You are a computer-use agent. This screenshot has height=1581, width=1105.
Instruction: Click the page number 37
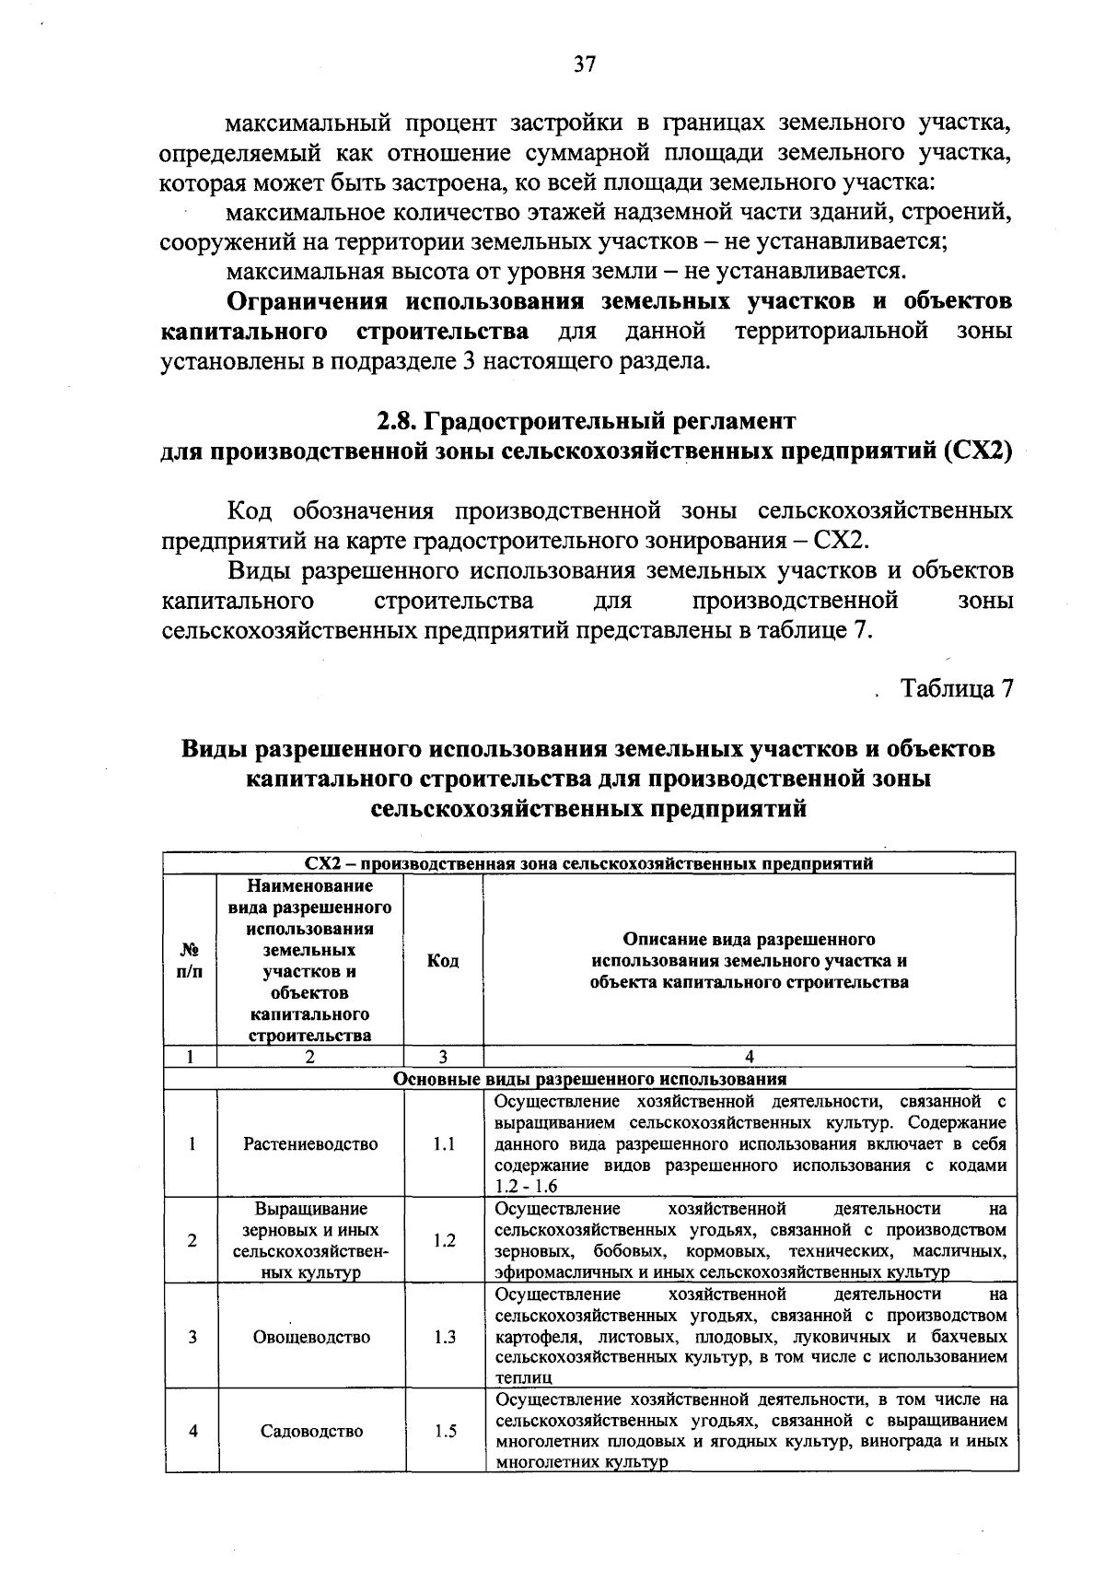pyautogui.click(x=586, y=63)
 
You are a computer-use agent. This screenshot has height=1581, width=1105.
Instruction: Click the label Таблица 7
pyautogui.click(x=957, y=688)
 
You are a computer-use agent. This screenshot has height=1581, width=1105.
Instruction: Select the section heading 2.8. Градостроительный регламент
pyautogui.click(x=586, y=421)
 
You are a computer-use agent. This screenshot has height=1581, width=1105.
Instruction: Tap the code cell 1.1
pyautogui.click(x=444, y=1143)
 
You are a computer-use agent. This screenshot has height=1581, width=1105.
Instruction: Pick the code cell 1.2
pyautogui.click(x=444, y=1240)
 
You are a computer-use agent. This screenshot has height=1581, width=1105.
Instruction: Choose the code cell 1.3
pyautogui.click(x=444, y=1337)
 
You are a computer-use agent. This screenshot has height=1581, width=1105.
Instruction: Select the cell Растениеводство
pyautogui.click(x=310, y=1143)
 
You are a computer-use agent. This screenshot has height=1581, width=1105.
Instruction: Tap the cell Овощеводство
pyautogui.click(x=310, y=1337)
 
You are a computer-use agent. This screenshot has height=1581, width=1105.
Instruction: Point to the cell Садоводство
pyautogui.click(x=310, y=1431)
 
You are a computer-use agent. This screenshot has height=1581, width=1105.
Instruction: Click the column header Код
pyautogui.click(x=443, y=961)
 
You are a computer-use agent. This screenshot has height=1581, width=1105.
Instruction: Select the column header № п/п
pyautogui.click(x=190, y=961)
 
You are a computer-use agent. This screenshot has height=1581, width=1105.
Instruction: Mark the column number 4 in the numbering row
pyautogui.click(x=749, y=1057)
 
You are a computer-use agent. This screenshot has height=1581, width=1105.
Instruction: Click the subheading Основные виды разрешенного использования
pyautogui.click(x=589, y=1079)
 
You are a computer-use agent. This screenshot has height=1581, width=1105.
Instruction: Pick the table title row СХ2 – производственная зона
pyautogui.click(x=589, y=863)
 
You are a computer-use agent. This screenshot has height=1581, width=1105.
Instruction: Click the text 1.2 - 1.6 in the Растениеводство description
pyautogui.click(x=526, y=1187)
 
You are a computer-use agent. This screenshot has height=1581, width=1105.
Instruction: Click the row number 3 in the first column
pyautogui.click(x=191, y=1337)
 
